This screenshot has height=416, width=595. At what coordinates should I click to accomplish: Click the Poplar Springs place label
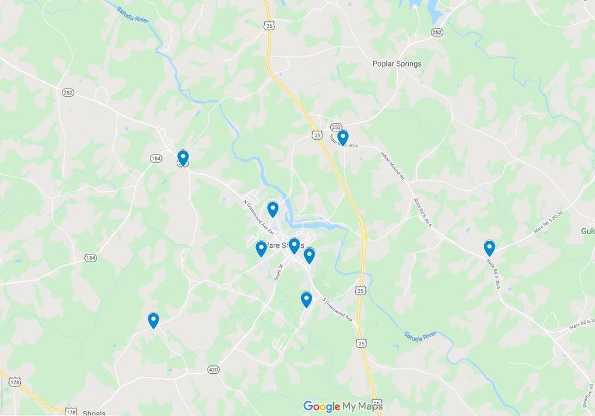click(x=396, y=64)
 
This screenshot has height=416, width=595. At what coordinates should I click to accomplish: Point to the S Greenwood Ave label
click(x=337, y=310)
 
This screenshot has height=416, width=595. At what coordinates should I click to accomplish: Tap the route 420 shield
click(x=214, y=370)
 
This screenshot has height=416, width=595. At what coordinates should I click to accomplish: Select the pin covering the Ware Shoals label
click(x=294, y=245)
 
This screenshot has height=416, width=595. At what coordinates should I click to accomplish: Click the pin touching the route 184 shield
click(x=183, y=157)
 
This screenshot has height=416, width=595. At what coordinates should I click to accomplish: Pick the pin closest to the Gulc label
click(x=489, y=248)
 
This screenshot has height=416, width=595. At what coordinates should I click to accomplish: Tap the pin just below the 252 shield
click(x=343, y=138)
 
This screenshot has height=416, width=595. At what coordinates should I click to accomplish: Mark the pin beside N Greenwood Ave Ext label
click(x=273, y=209)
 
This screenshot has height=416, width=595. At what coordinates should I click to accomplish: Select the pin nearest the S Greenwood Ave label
click(x=306, y=299)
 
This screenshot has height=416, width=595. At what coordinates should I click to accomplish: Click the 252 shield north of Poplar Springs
click(x=437, y=32)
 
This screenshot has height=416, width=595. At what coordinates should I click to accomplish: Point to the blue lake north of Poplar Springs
click(x=433, y=9)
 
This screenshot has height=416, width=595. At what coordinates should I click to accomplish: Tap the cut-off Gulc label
click(x=587, y=231)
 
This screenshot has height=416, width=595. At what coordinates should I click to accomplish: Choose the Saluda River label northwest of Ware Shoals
click(x=132, y=15)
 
